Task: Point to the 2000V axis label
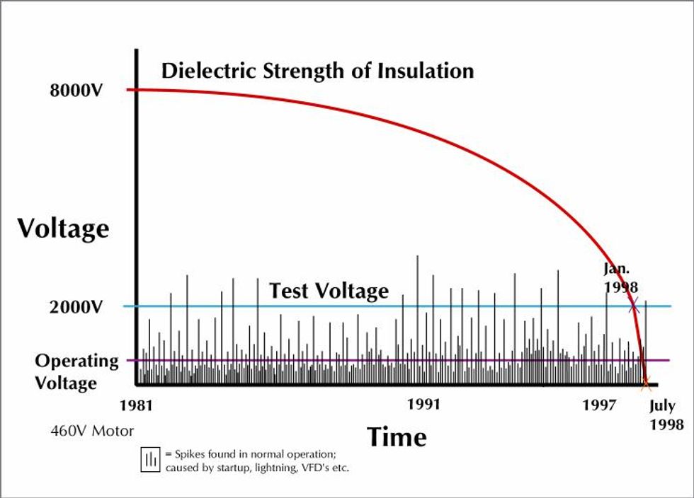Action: [76, 307]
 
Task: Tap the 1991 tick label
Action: [423, 405]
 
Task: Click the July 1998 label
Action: [666, 415]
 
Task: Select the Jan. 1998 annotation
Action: [621, 278]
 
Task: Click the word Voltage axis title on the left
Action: [63, 228]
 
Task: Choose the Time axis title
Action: [397, 436]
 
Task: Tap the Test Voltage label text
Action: [329, 291]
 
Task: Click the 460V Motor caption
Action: [92, 430]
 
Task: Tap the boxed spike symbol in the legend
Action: [150, 460]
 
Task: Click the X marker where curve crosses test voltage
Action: [633, 306]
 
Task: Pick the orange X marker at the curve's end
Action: [645, 384]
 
